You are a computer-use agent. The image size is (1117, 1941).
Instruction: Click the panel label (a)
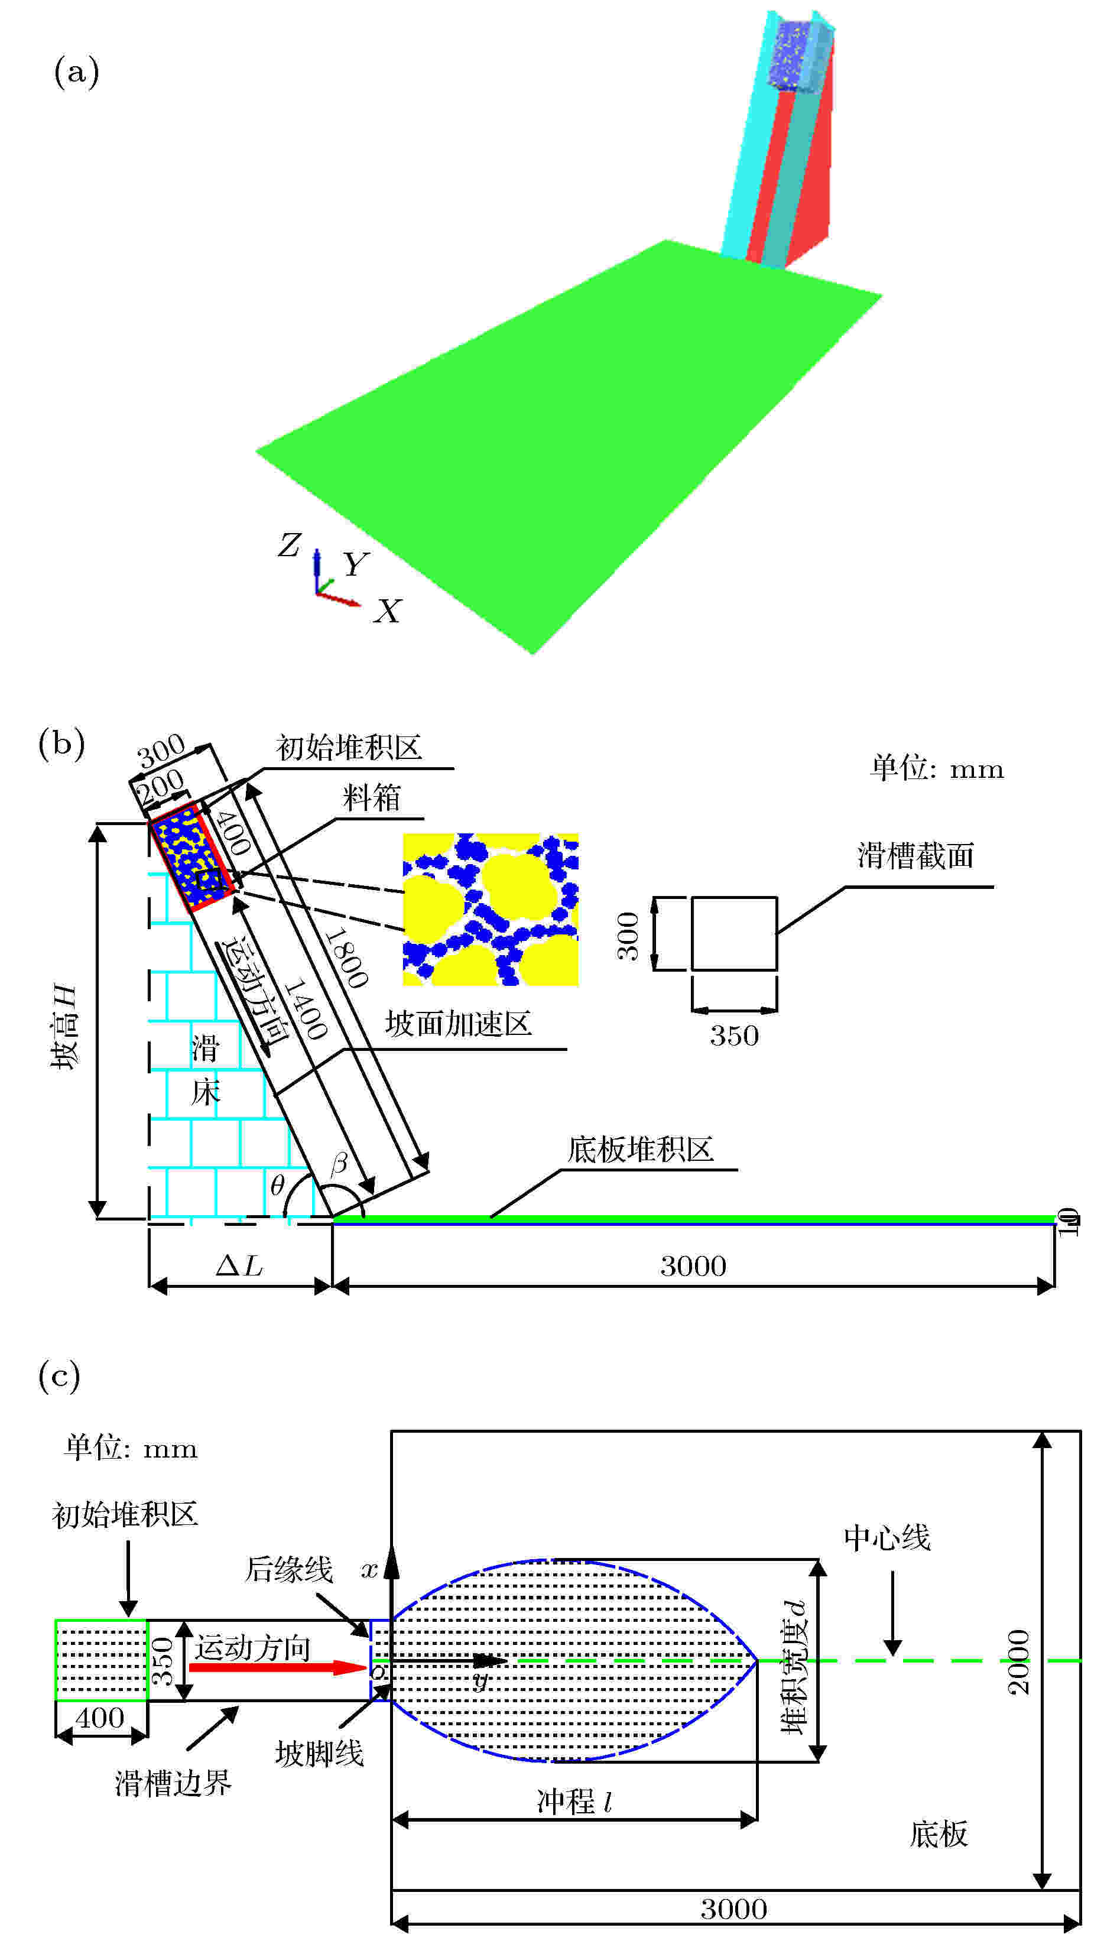tap(76, 73)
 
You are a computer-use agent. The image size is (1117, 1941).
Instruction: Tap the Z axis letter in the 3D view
tap(289, 545)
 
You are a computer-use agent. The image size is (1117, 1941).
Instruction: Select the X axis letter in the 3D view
tap(388, 612)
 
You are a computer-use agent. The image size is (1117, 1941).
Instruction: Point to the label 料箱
tap(371, 798)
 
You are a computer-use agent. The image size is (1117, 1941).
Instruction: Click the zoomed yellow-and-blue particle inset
tap(490, 908)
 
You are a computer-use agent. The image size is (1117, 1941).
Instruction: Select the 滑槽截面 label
tap(915, 855)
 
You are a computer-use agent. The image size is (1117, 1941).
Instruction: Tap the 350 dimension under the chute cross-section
tap(733, 1036)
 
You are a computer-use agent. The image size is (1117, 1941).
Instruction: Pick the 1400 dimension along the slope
tap(306, 1008)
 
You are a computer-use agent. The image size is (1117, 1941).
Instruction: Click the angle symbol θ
tap(278, 1185)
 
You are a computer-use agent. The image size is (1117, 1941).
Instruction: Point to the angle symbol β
tap(338, 1164)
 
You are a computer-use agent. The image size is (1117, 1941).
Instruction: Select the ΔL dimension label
tap(239, 1266)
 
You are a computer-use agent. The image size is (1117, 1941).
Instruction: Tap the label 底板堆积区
tap(641, 1149)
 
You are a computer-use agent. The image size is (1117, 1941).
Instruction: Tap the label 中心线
tap(887, 1537)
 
